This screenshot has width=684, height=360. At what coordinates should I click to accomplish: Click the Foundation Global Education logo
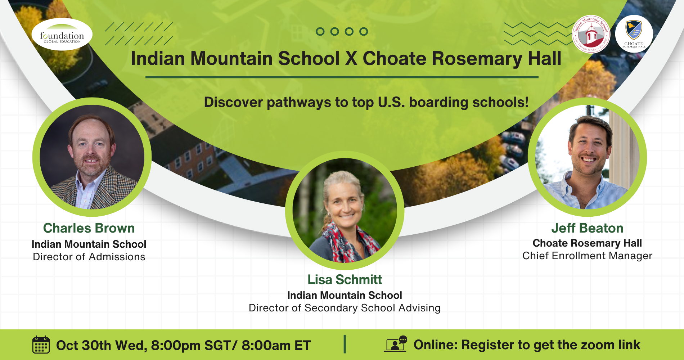click(x=62, y=34)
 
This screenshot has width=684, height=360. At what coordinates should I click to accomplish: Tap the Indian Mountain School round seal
click(x=591, y=34)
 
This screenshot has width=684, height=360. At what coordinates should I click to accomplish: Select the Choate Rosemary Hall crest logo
click(x=634, y=34)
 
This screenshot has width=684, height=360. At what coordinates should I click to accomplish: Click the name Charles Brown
click(x=89, y=228)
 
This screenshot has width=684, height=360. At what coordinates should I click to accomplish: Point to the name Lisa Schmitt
click(x=345, y=279)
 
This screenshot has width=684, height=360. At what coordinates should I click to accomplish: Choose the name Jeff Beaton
click(x=587, y=228)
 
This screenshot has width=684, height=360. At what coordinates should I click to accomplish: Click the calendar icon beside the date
click(x=41, y=345)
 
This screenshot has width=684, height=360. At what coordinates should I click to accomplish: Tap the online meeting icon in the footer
click(x=395, y=344)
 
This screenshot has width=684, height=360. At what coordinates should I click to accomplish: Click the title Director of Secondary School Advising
click(x=345, y=308)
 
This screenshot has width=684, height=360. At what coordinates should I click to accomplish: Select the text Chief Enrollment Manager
click(x=587, y=256)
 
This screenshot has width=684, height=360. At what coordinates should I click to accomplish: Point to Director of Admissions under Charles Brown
click(x=89, y=257)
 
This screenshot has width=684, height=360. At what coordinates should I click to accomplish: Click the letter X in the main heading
click(x=351, y=59)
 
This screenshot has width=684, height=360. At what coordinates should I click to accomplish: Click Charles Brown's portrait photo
click(x=92, y=157)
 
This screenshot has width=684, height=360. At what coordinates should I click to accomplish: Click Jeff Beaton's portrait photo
click(x=587, y=157)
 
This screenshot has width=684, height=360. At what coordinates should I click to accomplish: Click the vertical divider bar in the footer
click(x=345, y=344)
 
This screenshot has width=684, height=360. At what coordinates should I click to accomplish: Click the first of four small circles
click(x=320, y=32)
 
